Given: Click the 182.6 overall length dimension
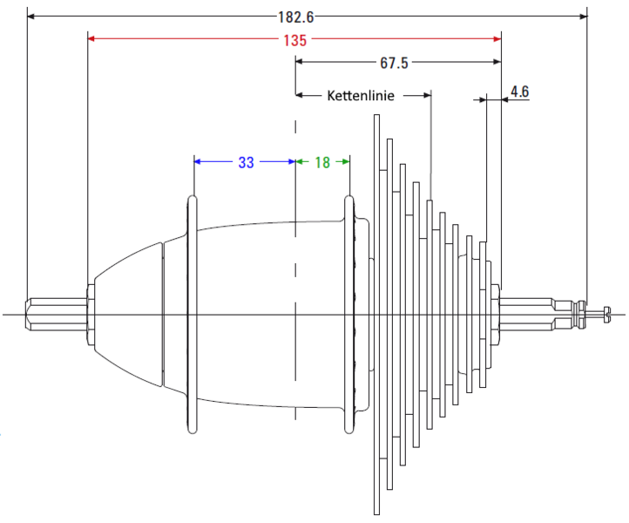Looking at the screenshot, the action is tap(295, 17).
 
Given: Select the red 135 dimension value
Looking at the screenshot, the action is tap(294, 41).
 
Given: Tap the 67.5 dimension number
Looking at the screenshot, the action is tap(394, 63).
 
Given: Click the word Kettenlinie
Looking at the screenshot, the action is tap(361, 96).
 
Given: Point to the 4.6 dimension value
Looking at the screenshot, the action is tap(519, 92).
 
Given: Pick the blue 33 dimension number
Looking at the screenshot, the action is tap(246, 162).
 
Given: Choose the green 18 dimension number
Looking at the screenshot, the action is tap(322, 162).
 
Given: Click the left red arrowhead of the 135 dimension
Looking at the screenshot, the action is tap(91, 38).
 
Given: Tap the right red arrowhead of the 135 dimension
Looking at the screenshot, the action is tap(497, 38).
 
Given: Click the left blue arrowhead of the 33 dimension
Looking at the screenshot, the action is tap(198, 162).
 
